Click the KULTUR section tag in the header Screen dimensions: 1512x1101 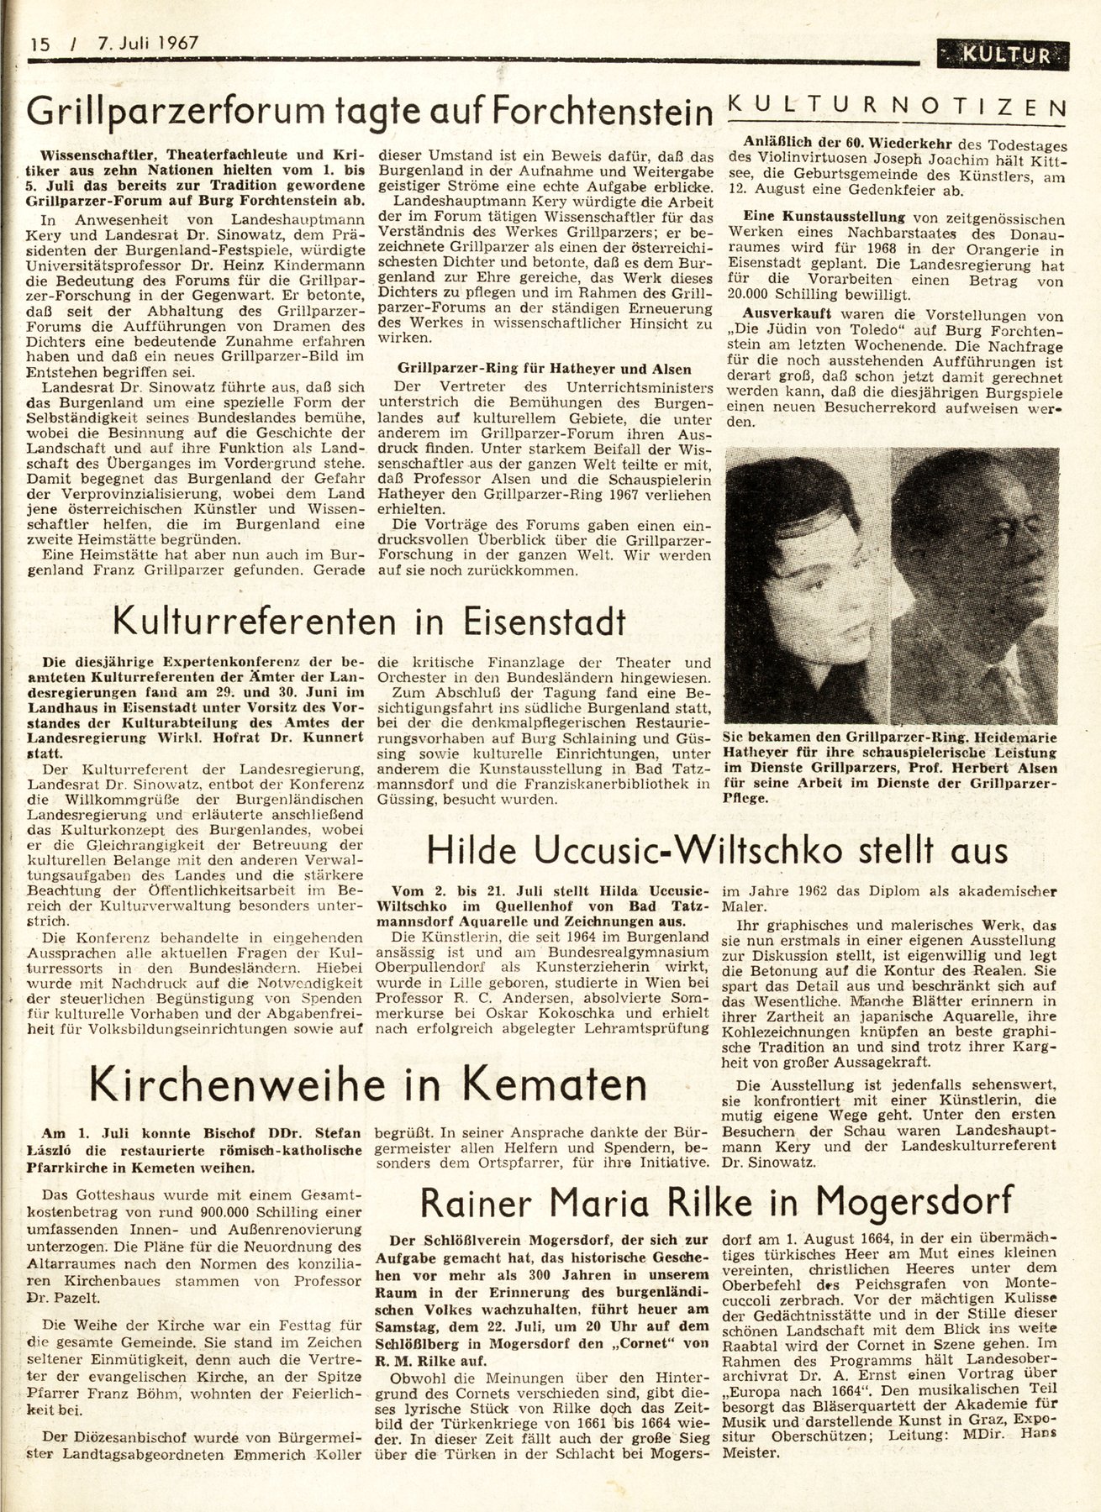1007,55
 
